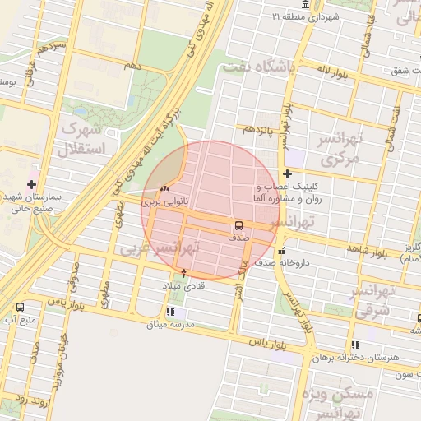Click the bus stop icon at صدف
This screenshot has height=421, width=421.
[x=238, y=225]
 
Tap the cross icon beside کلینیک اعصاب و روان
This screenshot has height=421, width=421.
[x=287, y=173]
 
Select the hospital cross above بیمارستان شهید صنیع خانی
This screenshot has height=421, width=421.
[x=32, y=184]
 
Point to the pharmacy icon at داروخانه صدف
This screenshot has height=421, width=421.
[x=282, y=252]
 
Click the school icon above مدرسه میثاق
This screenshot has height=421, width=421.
[x=171, y=312]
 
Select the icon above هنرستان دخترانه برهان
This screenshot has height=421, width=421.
[x=354, y=345]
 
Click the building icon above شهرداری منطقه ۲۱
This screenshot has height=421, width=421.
[x=306, y=6]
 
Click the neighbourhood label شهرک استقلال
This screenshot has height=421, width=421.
[x=81, y=140]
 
